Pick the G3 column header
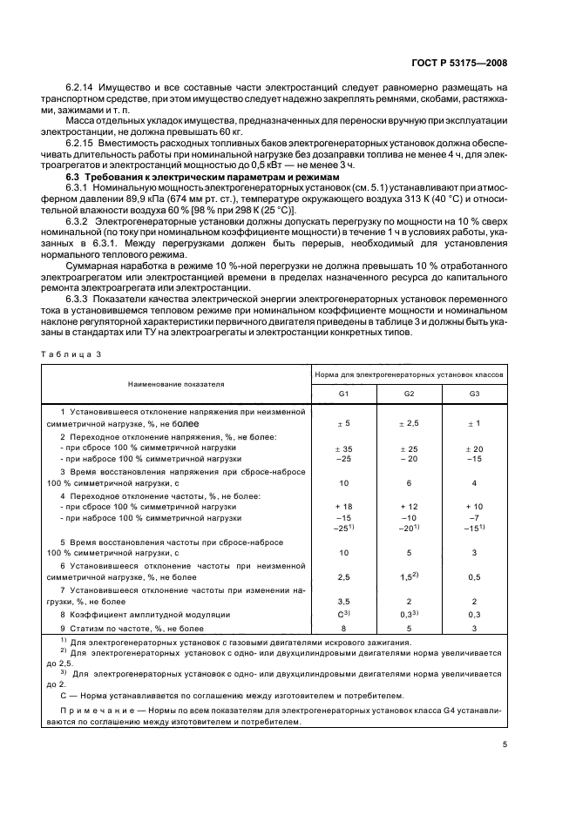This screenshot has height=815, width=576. coord(474,394)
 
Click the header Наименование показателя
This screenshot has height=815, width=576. coord(177,383)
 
